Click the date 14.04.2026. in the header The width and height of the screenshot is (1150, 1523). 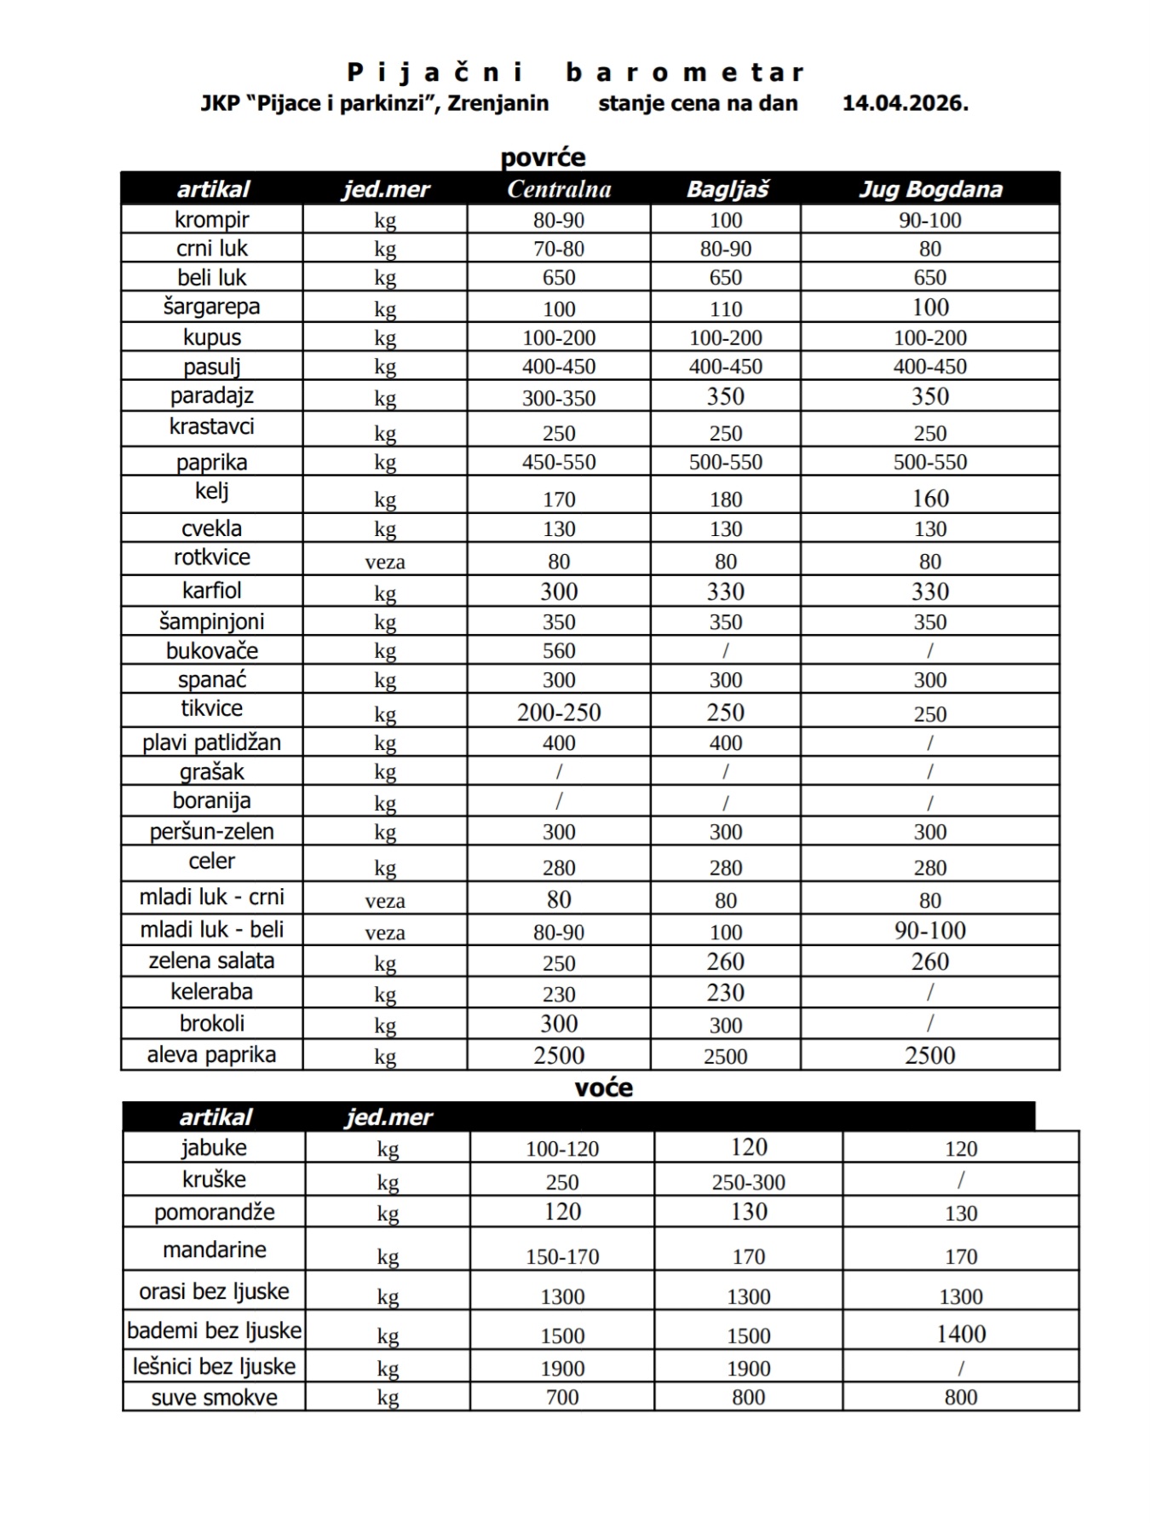905,103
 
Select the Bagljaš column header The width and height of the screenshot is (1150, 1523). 727,189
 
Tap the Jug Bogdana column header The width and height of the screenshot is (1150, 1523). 930,189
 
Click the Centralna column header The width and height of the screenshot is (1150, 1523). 559,189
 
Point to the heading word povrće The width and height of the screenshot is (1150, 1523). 543,158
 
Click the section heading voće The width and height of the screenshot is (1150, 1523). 603,1087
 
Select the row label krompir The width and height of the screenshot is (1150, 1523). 211,220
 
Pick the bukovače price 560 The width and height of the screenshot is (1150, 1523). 559,651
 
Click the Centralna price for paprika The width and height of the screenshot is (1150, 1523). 559,462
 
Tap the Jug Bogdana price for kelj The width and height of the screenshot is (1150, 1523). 930,499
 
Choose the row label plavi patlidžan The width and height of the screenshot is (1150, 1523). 211,742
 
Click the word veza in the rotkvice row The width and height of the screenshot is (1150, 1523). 385,562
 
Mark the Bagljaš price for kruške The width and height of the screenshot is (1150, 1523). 749,1182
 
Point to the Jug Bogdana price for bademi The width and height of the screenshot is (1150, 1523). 961,1334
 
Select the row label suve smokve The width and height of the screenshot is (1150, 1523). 214,1398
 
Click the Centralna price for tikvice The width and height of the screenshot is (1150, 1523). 559,712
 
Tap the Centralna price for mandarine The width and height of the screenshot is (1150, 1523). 562,1256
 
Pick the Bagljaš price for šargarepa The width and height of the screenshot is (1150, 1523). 726,309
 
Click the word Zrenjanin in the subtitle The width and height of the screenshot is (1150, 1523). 498,103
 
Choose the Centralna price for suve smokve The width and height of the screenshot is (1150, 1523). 562,1398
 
